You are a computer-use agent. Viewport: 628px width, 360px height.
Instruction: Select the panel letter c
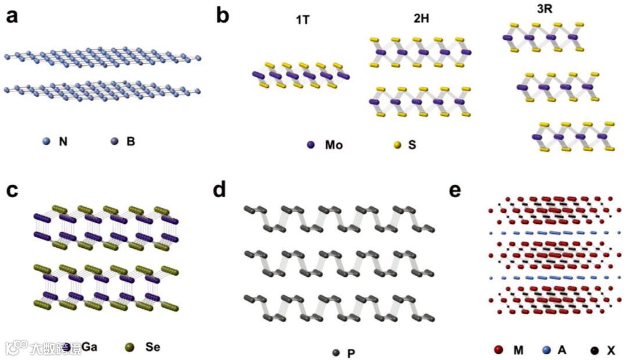(12, 191)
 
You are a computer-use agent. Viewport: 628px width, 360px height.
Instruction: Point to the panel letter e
(456, 191)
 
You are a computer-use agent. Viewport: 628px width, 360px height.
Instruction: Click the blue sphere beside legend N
(47, 141)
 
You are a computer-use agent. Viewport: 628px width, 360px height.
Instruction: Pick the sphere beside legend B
(114, 141)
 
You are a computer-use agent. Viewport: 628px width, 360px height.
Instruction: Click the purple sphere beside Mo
(311, 145)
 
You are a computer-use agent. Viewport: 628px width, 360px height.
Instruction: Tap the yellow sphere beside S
(398, 145)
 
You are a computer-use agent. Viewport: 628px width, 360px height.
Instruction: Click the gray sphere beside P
(336, 352)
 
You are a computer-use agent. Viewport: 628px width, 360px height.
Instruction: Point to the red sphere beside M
(498, 350)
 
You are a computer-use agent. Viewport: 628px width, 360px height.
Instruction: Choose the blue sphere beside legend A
(546, 350)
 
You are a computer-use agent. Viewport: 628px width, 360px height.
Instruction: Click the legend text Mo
(334, 145)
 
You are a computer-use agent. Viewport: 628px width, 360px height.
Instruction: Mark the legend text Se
(152, 348)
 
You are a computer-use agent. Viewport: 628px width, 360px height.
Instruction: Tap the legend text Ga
(89, 348)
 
